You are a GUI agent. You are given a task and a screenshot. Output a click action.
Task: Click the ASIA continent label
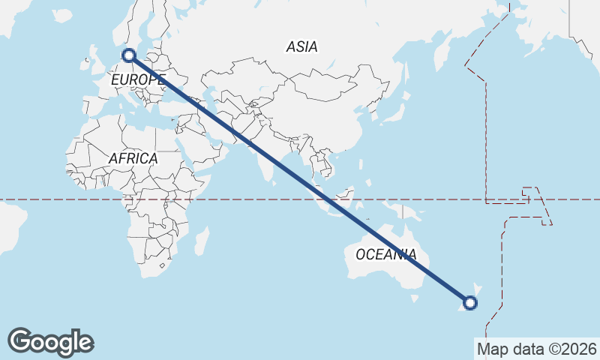coord(301,46)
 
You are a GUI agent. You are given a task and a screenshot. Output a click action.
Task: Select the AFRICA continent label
coord(133,158)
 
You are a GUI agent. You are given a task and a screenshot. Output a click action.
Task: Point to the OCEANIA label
coord(385,254)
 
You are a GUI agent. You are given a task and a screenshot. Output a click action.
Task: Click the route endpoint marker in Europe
coord(129,55)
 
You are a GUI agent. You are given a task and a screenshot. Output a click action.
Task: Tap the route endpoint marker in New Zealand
coord(470,303)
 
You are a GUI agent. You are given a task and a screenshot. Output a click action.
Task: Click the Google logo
coord(50,341)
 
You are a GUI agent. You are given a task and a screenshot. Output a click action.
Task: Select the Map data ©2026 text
coord(536,349)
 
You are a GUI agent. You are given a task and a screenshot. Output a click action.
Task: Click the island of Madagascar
coord(201,241)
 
